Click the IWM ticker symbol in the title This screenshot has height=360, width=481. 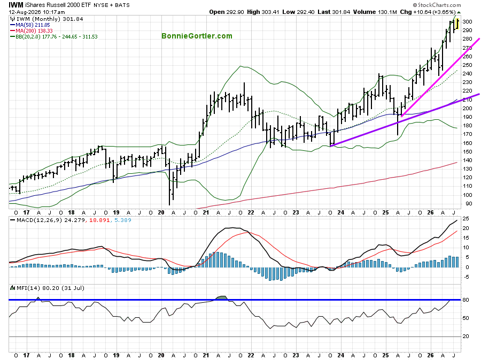[16, 5]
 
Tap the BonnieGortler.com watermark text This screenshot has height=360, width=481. [197, 36]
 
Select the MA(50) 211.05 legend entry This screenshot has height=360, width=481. [30, 25]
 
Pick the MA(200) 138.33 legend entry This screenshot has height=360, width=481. [32, 30]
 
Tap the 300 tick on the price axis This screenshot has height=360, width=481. [467, 22]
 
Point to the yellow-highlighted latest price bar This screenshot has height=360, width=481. [457, 24]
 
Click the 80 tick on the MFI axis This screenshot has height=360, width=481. [466, 300]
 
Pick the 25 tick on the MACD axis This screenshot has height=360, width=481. [466, 219]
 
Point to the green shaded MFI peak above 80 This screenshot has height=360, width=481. [221, 298]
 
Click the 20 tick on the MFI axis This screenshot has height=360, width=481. [466, 336]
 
